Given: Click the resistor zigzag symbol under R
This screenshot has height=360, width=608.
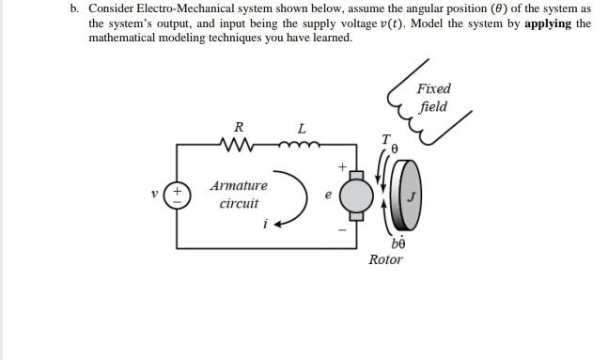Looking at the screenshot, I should point(238,145).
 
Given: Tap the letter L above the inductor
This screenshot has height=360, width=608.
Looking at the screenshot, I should point(301,127).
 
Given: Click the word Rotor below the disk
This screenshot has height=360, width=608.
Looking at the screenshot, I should point(385,258).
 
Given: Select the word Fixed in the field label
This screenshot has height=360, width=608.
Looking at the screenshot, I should point(433,88).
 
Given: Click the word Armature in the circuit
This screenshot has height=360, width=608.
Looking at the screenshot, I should point(239,185).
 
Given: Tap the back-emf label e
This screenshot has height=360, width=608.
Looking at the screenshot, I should point(327,196).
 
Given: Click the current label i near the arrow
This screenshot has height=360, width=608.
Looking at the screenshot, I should point(266,225).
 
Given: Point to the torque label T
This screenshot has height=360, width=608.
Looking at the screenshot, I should point(385,139).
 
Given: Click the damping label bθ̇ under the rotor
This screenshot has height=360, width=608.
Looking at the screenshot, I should point(397,243).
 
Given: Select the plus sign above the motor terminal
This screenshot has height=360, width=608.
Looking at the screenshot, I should point(343,166).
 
